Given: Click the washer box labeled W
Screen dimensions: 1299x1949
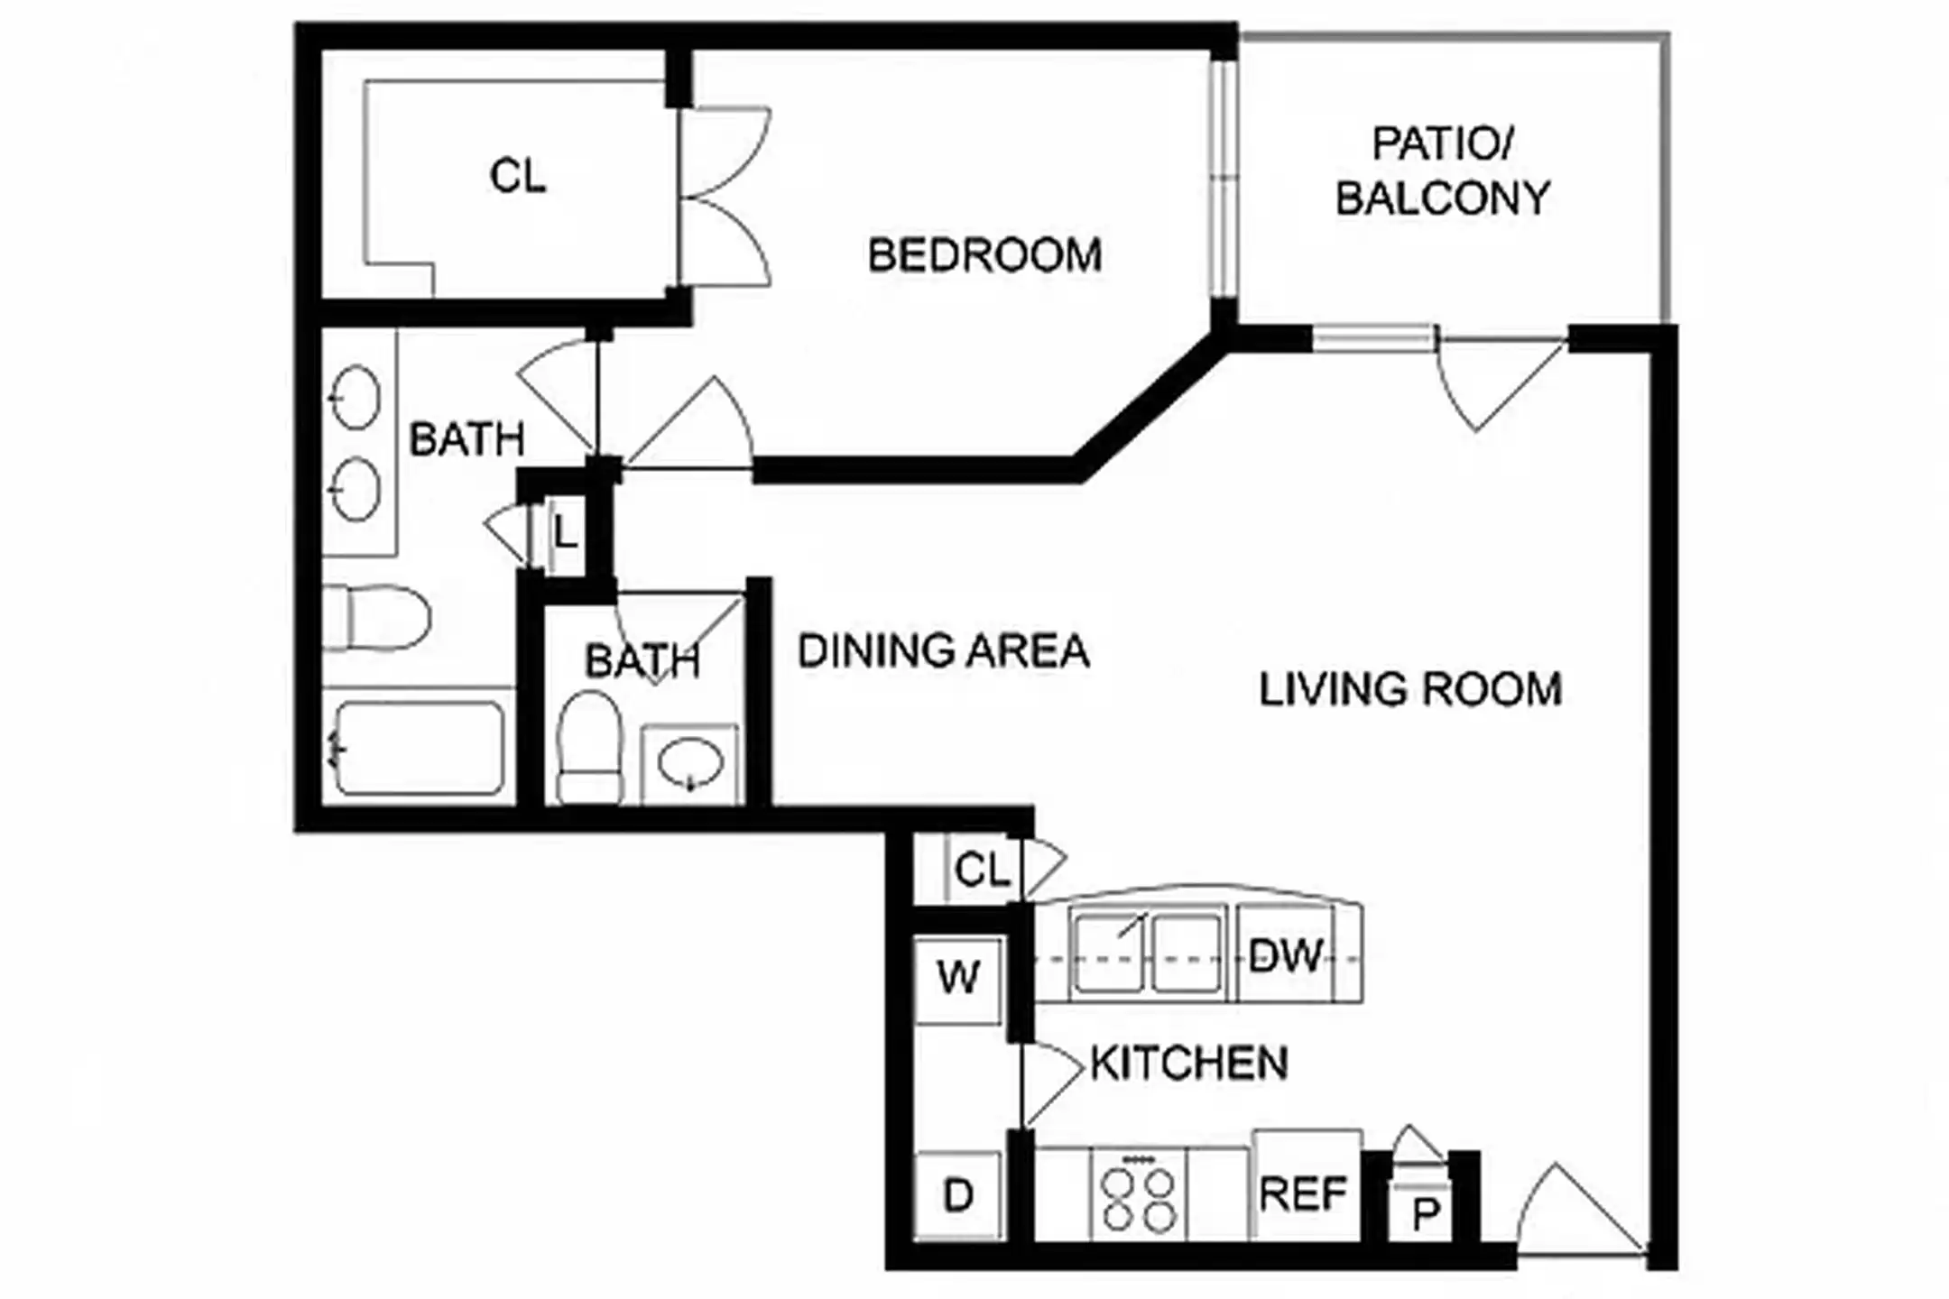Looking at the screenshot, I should tap(957, 979).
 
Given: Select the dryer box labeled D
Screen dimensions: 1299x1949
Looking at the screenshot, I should tap(957, 1195).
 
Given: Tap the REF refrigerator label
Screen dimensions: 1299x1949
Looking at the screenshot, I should tap(1303, 1193).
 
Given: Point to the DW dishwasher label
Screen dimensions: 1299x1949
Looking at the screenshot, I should tap(1285, 956).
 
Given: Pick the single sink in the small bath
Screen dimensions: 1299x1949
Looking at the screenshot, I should tap(690, 765).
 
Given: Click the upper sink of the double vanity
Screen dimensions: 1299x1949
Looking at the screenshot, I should tap(356, 398).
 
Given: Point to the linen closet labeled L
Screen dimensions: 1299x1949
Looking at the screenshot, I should tap(565, 534).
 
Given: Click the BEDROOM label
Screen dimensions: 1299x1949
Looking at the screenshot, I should tap(984, 255).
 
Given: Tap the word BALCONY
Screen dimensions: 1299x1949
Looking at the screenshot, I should tap(1442, 198).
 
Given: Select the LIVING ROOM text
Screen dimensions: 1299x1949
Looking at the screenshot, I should tap(1409, 690).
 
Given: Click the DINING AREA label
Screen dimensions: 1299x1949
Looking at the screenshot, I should tap(943, 651).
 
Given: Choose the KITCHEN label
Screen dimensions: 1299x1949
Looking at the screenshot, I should tap(1188, 1064).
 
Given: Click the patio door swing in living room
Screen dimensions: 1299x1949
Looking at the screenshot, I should tap(1489, 379).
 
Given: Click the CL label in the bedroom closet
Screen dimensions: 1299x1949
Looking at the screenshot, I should tap(517, 176).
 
